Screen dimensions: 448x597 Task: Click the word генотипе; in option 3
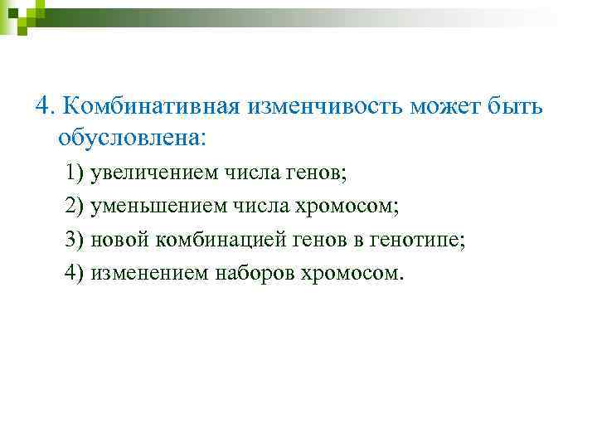(424, 240)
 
